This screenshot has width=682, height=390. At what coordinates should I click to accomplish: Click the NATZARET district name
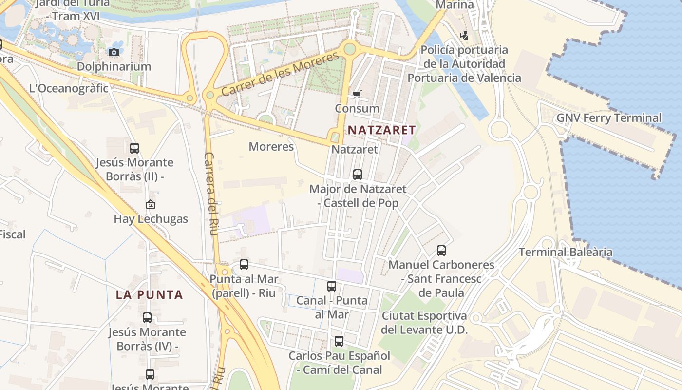(381, 130)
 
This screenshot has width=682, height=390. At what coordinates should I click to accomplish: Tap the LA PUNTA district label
(150, 295)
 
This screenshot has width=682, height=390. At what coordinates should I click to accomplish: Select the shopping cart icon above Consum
(357, 94)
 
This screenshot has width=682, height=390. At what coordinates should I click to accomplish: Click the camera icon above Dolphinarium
(114, 52)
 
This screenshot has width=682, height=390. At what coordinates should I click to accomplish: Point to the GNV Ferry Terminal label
(609, 118)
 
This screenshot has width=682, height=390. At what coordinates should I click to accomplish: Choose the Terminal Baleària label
(565, 252)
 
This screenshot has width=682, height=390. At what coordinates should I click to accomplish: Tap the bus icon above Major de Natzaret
(358, 174)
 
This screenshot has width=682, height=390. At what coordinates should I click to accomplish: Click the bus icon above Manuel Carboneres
(441, 251)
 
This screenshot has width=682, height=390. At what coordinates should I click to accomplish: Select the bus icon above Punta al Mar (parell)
(244, 265)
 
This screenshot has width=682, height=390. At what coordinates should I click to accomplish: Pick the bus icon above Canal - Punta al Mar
(332, 286)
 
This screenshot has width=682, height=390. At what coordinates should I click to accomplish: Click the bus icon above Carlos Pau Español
(339, 341)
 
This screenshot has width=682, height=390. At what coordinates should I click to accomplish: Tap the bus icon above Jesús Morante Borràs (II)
(134, 148)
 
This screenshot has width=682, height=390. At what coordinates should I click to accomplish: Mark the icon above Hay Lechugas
(151, 204)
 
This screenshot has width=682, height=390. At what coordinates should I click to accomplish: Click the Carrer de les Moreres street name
(280, 74)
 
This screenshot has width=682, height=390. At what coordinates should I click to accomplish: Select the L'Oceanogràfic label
(69, 88)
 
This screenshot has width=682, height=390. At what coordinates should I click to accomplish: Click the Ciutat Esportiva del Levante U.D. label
(424, 323)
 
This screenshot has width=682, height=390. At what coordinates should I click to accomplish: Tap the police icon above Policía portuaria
(464, 35)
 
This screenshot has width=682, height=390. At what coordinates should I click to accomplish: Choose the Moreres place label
(271, 146)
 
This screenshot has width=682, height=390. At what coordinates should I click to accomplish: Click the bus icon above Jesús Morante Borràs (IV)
(147, 318)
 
